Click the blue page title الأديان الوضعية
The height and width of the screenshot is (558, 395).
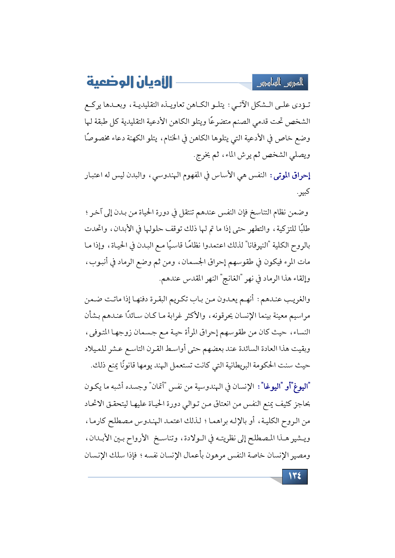pos(129,82)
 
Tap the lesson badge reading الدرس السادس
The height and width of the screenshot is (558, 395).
pos(280,83)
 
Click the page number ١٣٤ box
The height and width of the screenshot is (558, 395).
pos(295,476)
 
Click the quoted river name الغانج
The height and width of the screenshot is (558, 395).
pos(231,279)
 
